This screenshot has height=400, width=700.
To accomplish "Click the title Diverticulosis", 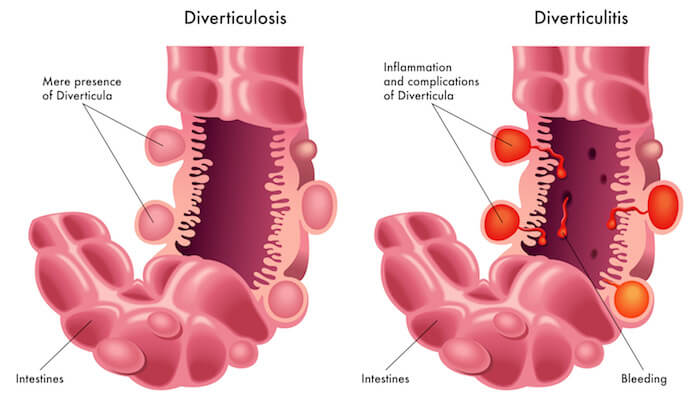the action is [235, 18].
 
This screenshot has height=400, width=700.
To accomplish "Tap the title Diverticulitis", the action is [581, 18].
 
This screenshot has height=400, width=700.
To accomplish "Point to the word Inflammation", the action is [417, 67].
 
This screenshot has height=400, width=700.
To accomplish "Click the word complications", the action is [443, 82].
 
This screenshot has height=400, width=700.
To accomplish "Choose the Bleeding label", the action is [644, 379].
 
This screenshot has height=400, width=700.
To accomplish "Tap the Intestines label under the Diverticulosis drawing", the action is [40, 379].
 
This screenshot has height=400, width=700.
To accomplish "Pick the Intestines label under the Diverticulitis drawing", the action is [385, 379].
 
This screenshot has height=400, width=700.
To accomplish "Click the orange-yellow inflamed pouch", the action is [631, 298].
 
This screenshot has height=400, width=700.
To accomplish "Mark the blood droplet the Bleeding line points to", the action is [562, 232].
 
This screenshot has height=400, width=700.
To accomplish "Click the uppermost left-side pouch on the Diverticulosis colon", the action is [164, 145].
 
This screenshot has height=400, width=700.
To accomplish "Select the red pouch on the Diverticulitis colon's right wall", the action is [663, 207].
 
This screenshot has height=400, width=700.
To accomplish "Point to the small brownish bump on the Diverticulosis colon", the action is [304, 150].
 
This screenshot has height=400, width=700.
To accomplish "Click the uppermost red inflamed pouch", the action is [511, 145].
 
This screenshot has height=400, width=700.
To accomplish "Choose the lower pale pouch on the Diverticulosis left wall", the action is [154, 221].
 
